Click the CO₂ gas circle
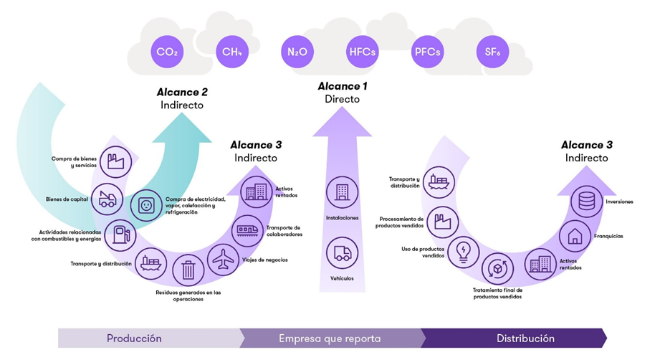pos(166,52)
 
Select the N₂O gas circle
pos(297,52)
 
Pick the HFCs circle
pos(362,52)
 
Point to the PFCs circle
pos(427,52)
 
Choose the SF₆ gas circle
pos(493,52)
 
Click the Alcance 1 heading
pos(342,87)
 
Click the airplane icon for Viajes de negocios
pos(224,260)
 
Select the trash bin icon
pos(188,270)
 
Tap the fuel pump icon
pos(120,235)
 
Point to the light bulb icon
pos(463,252)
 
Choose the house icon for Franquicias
pos(575,235)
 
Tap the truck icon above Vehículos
pos(342,253)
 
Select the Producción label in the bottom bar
pos(134,338)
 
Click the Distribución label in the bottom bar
pos(525,338)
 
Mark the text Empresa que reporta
pos(330,338)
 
